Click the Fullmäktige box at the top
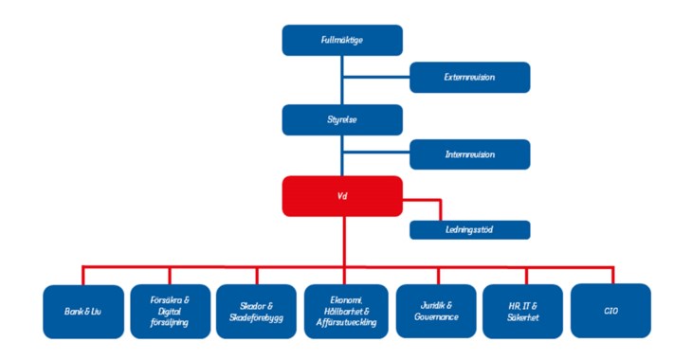coord(342,40)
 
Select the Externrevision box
coord(469,77)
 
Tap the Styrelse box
coord(342,120)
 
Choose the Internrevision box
coord(469,153)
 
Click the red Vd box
coord(342,196)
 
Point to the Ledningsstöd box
coord(469,229)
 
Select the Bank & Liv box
coord(83,311)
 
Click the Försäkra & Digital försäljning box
coord(170,311)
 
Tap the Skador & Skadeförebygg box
coord(257,311)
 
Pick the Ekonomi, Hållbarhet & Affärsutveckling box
coord(345,311)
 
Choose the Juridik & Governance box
coord(433,311)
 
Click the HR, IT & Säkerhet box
coord(522,311)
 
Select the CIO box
coord(610,311)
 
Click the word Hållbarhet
coord(345,311)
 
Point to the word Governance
coord(433,316)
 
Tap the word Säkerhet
coord(522,316)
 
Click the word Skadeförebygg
coord(257,316)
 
